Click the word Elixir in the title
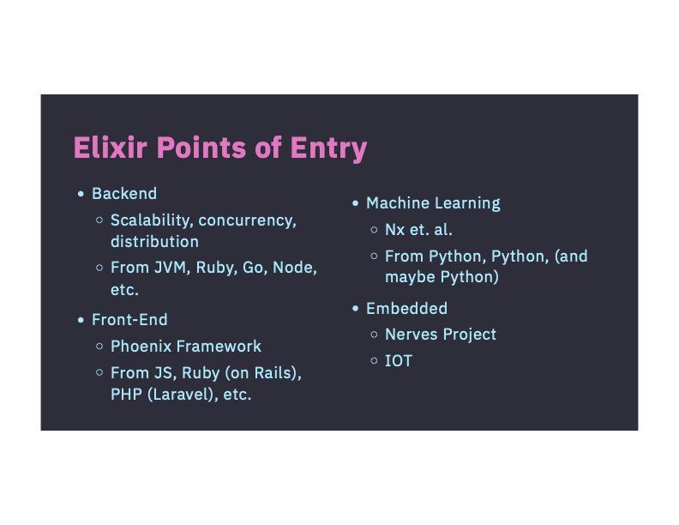tap(105, 148)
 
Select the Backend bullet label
tap(124, 194)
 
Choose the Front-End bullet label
tap(129, 320)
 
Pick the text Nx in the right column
tap(394, 230)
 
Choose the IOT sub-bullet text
tap(399, 361)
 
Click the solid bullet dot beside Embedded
tap(355, 309)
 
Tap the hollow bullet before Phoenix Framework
tap(99, 347)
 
